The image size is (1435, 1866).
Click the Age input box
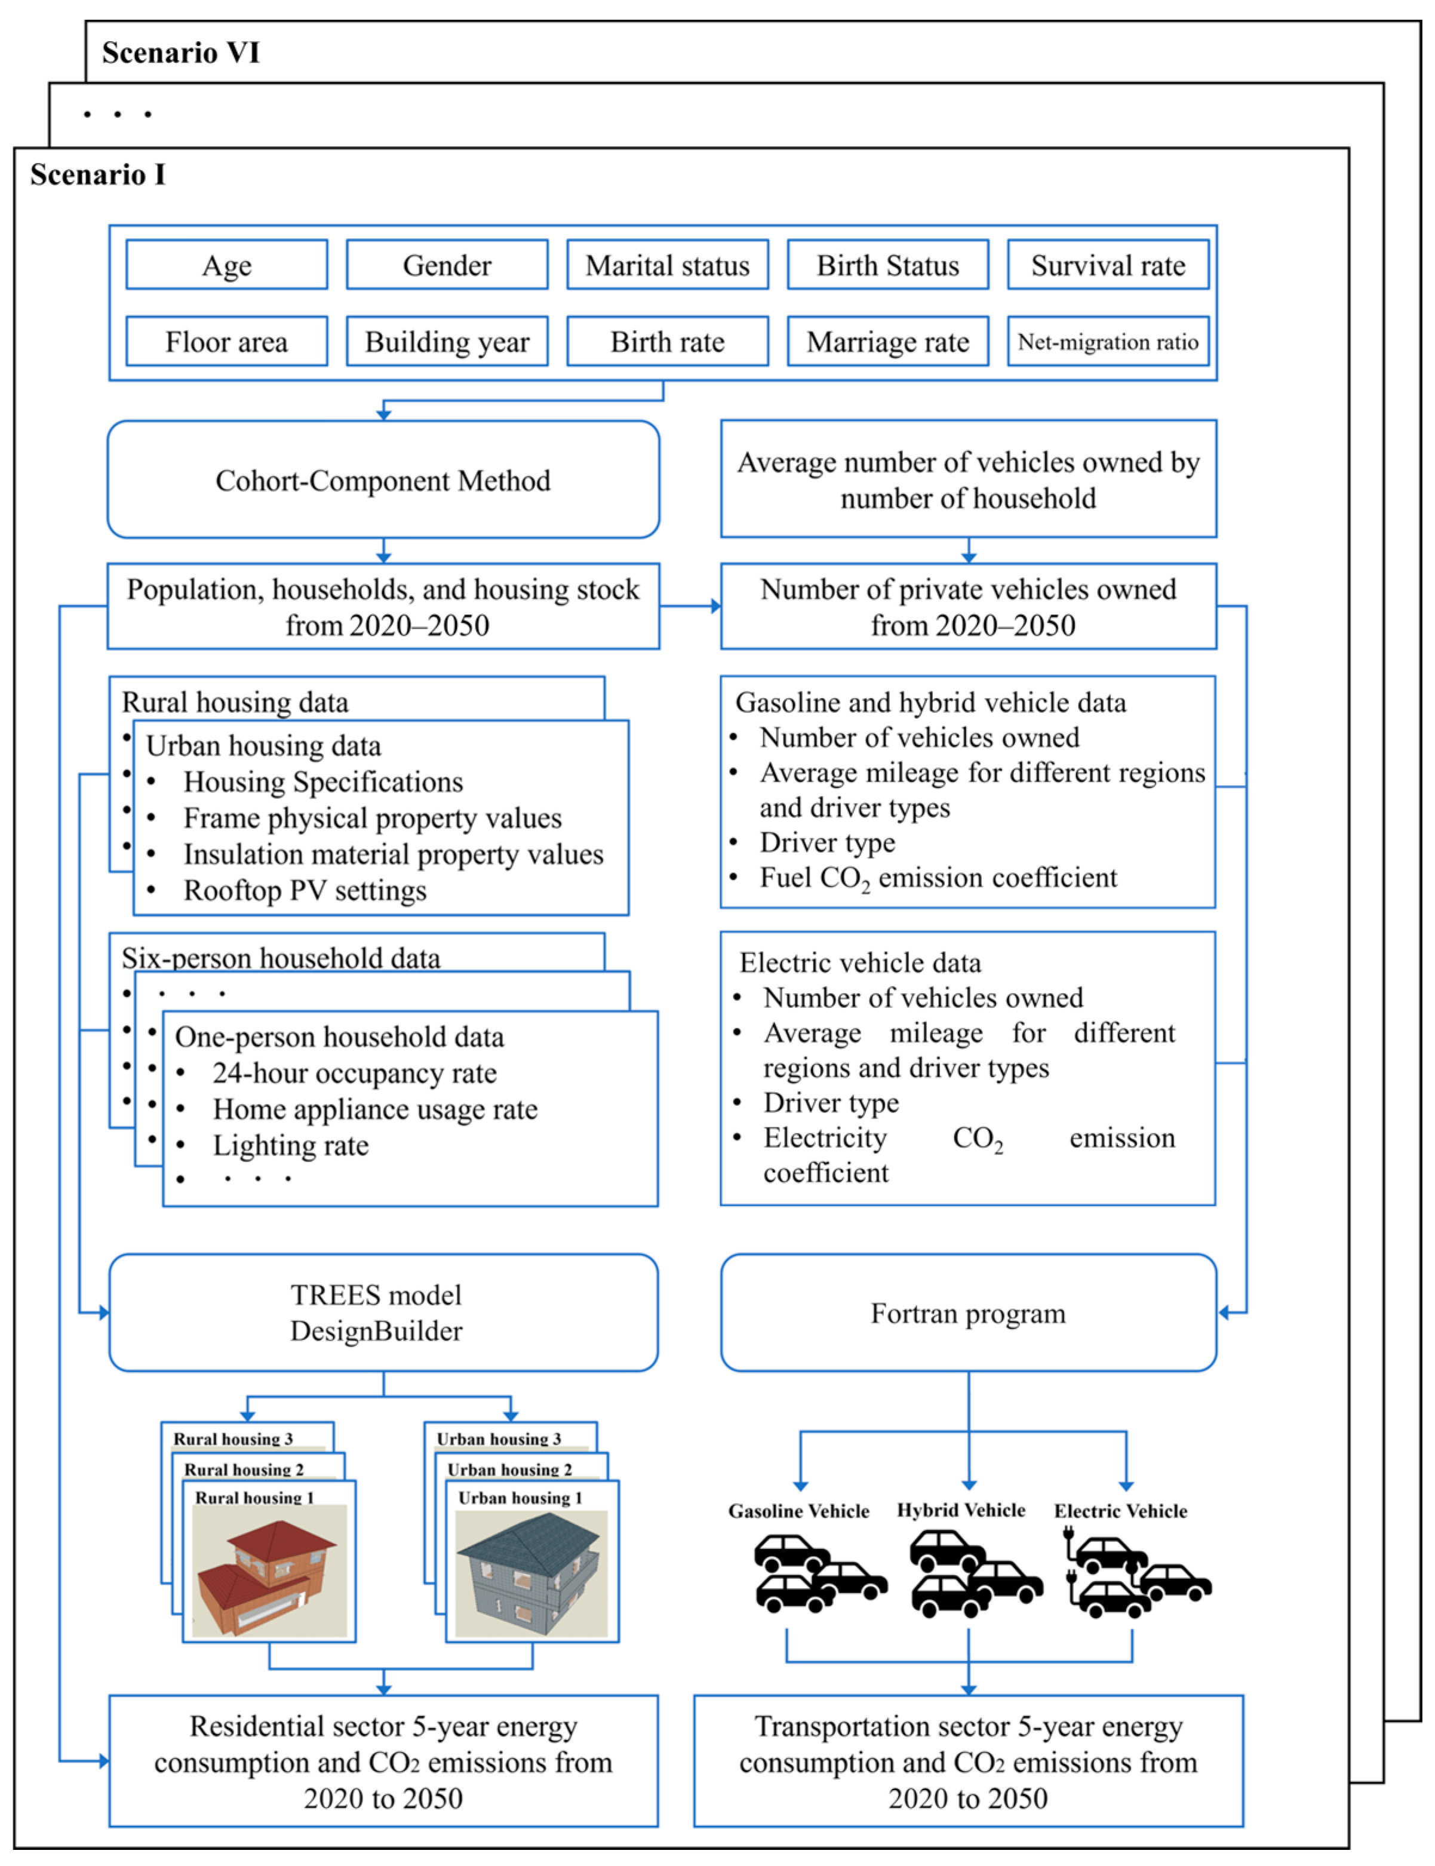[x=226, y=266]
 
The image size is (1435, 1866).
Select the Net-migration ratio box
[x=1108, y=342]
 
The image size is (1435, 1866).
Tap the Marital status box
[x=667, y=266]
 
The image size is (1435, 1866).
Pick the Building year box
[x=447, y=342]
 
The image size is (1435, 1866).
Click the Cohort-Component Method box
[x=383, y=480]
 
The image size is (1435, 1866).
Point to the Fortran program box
[x=968, y=1312]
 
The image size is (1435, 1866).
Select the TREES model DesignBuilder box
[x=383, y=1312]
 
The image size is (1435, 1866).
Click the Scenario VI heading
[x=180, y=53]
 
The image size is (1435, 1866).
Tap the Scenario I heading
[x=97, y=175]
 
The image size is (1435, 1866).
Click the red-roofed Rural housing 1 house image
[x=270, y=1572]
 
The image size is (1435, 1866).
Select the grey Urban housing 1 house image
[x=531, y=1572]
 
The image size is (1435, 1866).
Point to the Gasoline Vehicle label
[x=798, y=1511]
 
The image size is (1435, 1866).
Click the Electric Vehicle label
[x=1120, y=1511]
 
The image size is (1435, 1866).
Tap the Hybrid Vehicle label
[x=961, y=1510]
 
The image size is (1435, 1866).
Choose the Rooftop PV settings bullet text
[x=305, y=891]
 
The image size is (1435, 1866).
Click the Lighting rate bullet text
[x=290, y=1145]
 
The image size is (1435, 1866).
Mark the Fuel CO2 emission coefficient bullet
[x=938, y=878]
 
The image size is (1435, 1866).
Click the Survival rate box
[x=1108, y=266]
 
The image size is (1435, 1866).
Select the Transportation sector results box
[x=968, y=1761]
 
